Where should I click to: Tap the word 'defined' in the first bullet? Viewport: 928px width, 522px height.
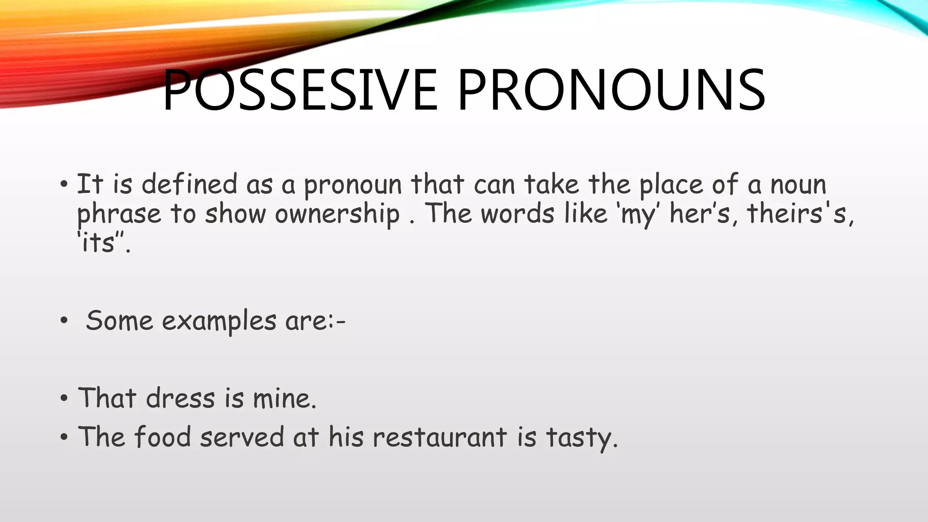click(189, 184)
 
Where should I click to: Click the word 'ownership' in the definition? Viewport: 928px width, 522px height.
click(337, 214)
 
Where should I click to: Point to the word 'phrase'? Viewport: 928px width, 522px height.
click(119, 214)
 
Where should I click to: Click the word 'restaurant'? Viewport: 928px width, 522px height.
click(439, 438)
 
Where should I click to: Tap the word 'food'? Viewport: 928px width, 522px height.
click(162, 437)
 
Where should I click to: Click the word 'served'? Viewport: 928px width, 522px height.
click(242, 438)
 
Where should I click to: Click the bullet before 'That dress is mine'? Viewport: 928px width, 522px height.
click(64, 399)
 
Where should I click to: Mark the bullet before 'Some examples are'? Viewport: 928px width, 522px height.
click(64, 321)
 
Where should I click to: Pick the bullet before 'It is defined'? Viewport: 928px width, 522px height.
click(64, 184)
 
